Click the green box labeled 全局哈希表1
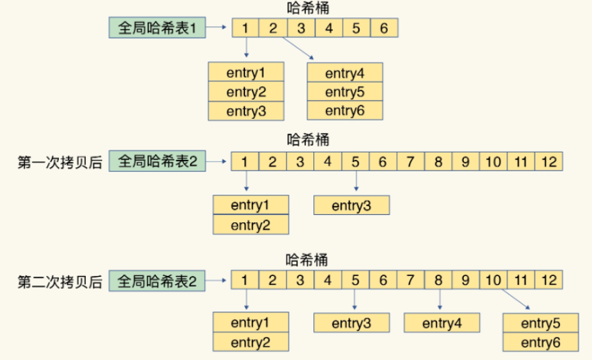click(x=157, y=28)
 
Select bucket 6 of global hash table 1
click(x=383, y=28)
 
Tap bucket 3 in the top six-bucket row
click(x=301, y=28)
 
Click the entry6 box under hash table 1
click(x=344, y=111)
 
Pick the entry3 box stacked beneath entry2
click(x=246, y=111)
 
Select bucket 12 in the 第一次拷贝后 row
click(x=549, y=162)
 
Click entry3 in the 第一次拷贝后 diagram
click(x=351, y=206)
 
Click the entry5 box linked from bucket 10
click(x=540, y=323)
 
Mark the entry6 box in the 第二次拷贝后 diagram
click(x=540, y=343)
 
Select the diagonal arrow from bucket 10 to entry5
click(x=513, y=300)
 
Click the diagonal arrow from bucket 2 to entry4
click(x=296, y=48)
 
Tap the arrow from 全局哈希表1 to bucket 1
click(x=218, y=28)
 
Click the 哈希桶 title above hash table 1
click(x=307, y=8)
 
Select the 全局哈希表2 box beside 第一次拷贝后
click(x=157, y=162)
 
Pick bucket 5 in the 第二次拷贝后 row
click(x=355, y=281)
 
